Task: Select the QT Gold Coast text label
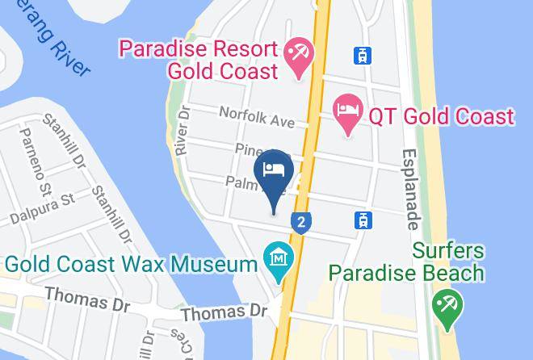pos(441,117)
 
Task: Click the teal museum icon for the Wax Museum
pos(279,262)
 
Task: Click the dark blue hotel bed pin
pos(273,172)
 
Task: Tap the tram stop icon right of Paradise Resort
pos(363,56)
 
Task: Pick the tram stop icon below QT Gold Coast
pos(363,219)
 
